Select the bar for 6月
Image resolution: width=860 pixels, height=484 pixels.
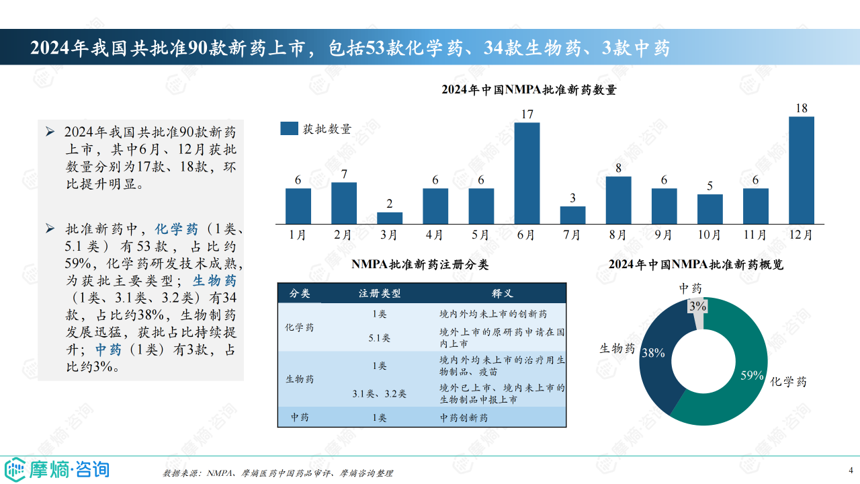click(x=527, y=173)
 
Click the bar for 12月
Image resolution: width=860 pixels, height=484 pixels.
click(x=801, y=170)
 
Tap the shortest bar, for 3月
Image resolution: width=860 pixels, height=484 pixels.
click(x=390, y=218)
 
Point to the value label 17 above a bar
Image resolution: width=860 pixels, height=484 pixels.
click(x=527, y=114)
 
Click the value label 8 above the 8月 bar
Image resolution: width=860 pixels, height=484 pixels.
click(x=618, y=168)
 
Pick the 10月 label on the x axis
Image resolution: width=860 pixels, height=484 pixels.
click(x=709, y=235)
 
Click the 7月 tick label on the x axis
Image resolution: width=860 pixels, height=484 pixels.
click(x=572, y=235)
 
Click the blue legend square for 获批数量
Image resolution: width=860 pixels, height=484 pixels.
click(x=289, y=129)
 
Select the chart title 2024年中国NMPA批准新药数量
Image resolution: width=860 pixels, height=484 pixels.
click(x=529, y=89)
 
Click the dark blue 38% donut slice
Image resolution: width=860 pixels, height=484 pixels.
click(x=658, y=363)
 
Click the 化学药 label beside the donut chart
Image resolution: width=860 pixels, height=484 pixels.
click(x=789, y=382)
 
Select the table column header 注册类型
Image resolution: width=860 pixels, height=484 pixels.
click(x=380, y=294)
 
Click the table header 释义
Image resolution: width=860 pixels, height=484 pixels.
click(x=503, y=294)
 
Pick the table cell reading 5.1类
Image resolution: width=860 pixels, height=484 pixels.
click(x=380, y=338)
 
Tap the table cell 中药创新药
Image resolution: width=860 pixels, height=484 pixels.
click(x=464, y=417)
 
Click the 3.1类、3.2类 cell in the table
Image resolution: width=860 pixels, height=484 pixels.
click(x=380, y=394)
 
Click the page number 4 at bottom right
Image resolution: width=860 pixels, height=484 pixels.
click(x=851, y=469)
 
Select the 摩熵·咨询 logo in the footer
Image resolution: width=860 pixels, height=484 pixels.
click(x=57, y=469)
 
